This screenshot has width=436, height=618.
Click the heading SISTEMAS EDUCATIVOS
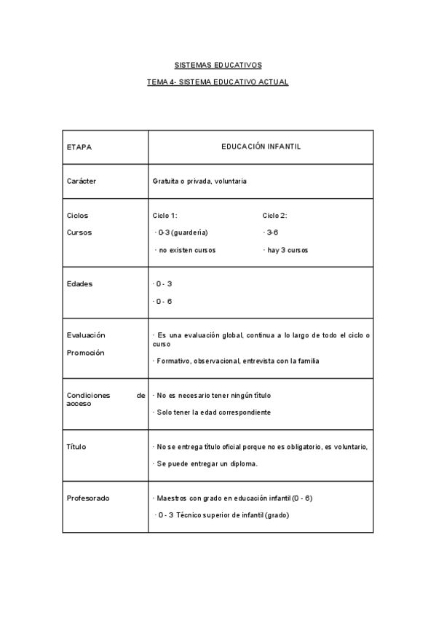click(x=218, y=65)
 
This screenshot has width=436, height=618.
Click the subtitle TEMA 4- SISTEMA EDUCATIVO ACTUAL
click(x=218, y=82)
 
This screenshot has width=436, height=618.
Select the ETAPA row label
click(x=79, y=146)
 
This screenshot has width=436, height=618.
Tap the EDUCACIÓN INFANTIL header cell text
click(x=261, y=146)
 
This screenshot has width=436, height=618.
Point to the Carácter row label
click(x=81, y=181)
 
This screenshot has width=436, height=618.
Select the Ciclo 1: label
click(x=165, y=216)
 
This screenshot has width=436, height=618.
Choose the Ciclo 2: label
click(x=274, y=216)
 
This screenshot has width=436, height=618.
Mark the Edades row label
click(x=79, y=283)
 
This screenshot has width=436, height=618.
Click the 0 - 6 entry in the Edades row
click(x=163, y=301)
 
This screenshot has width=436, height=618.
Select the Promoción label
click(x=85, y=353)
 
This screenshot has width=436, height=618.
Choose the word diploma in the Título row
click(x=245, y=463)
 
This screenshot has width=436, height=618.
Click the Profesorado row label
click(x=87, y=498)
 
